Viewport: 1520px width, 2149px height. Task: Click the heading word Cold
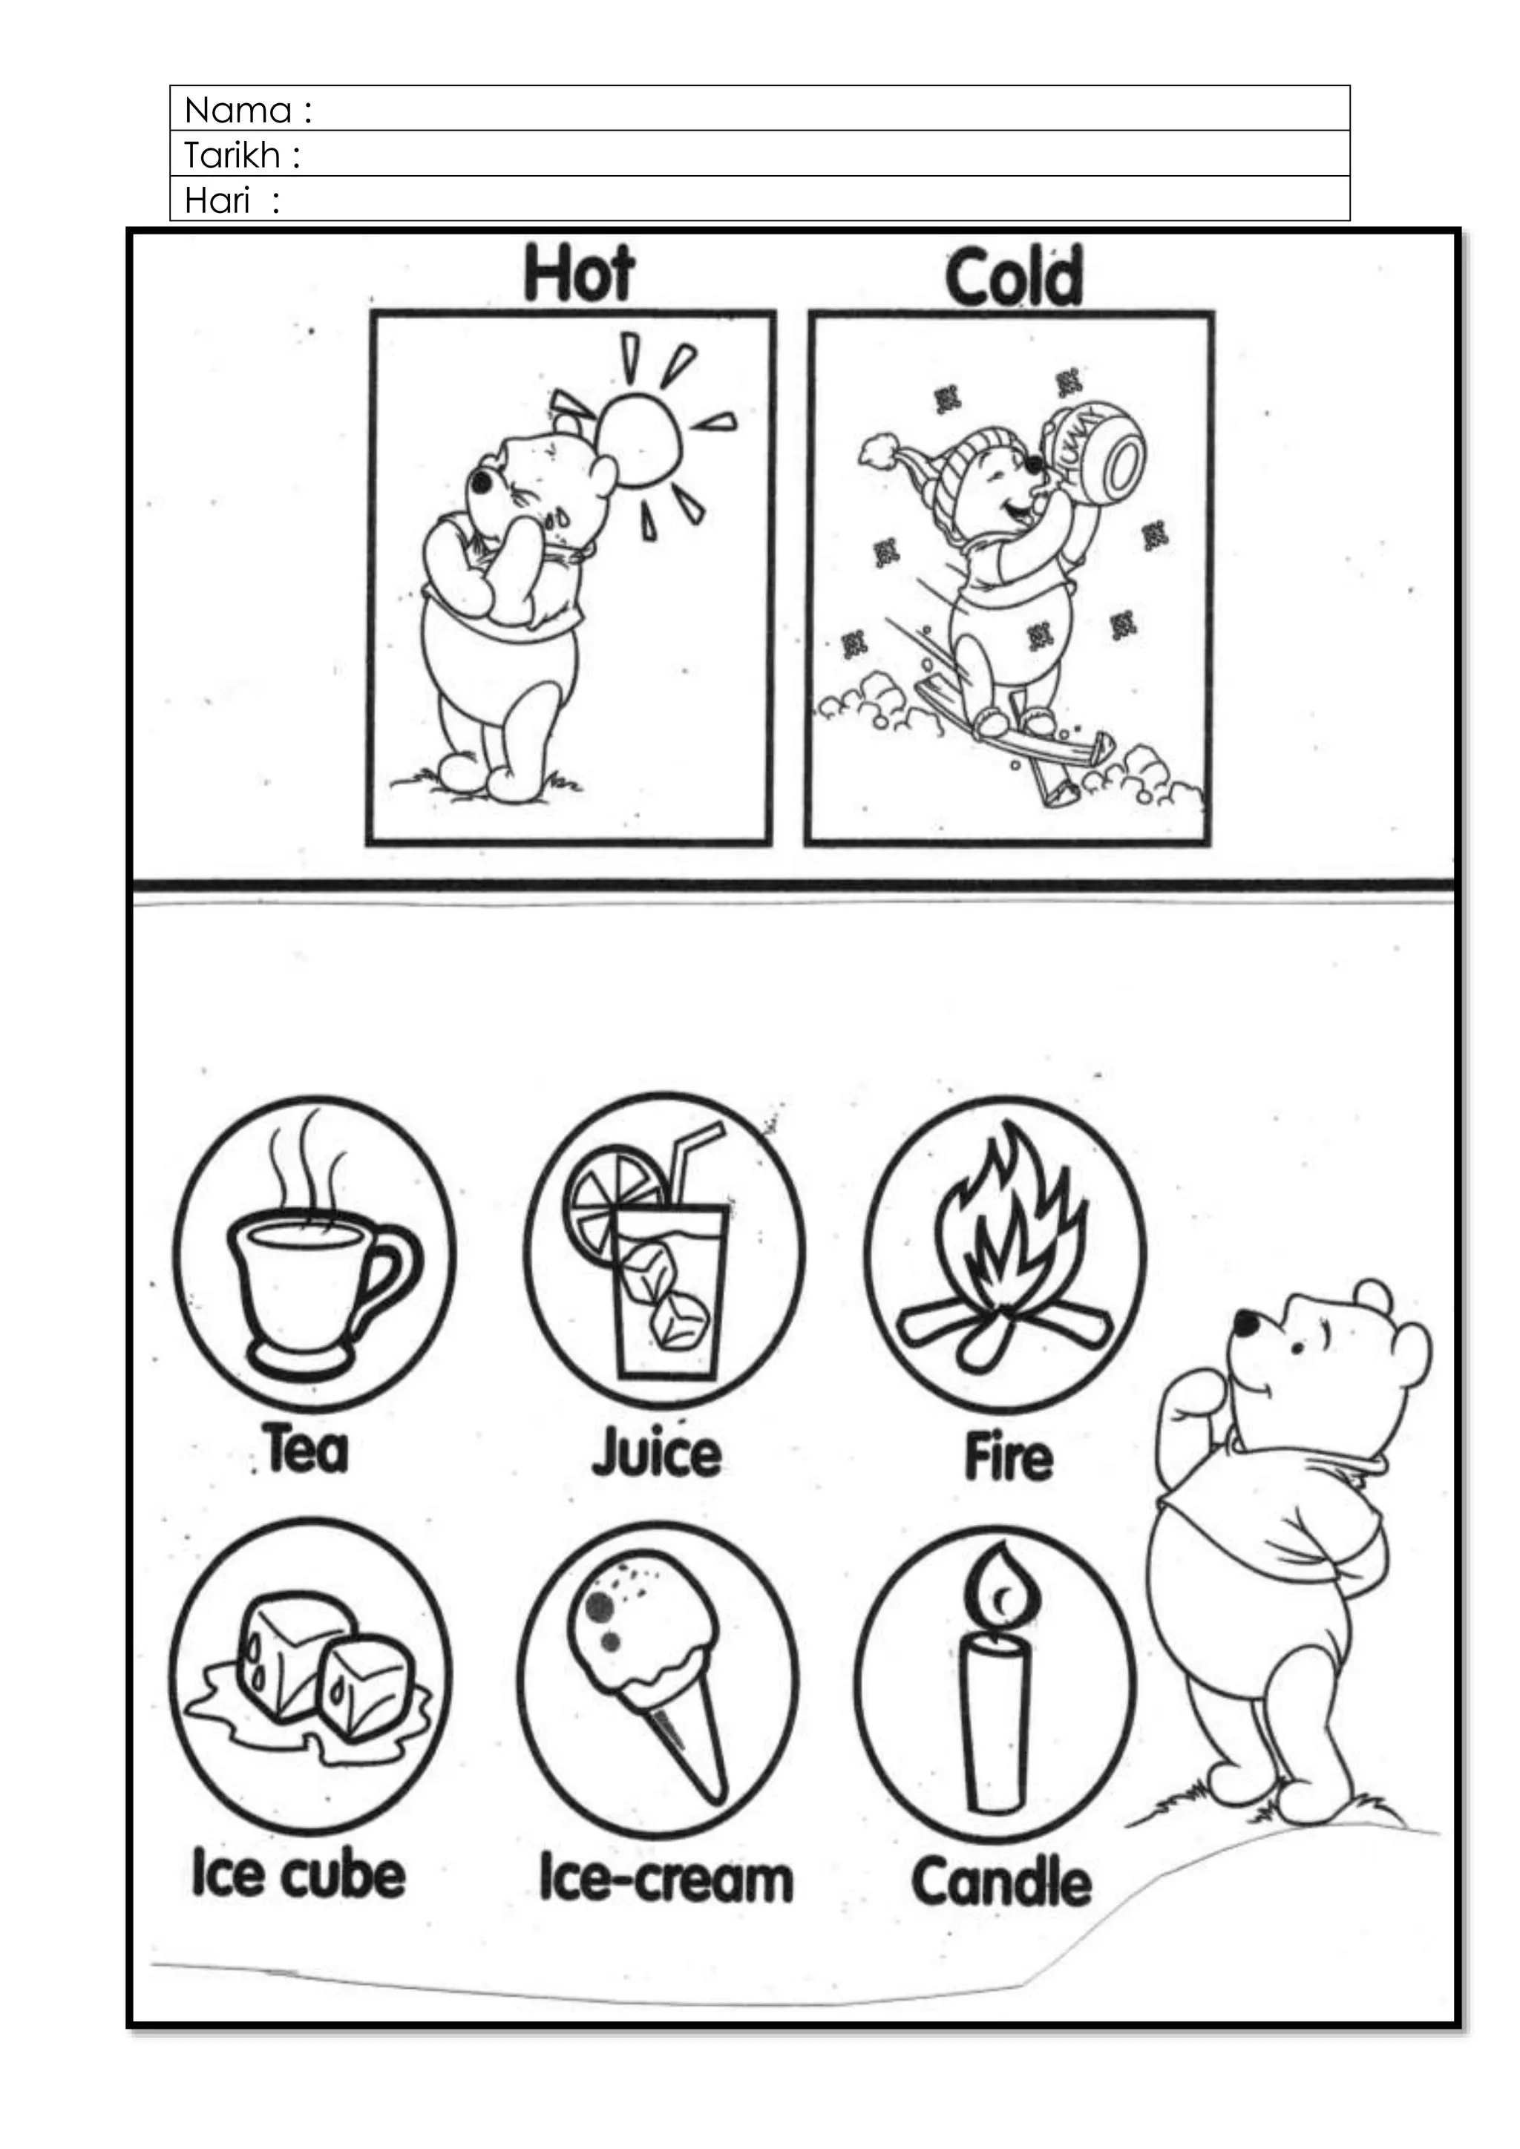[x=1014, y=276]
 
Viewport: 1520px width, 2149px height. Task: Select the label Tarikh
[x=232, y=155]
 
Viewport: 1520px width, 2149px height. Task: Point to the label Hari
[x=217, y=200]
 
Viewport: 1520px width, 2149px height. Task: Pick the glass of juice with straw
[x=666, y=1282]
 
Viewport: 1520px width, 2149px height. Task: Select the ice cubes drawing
[x=309, y=1676]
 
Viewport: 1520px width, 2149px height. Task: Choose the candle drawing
[x=996, y=1684]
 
